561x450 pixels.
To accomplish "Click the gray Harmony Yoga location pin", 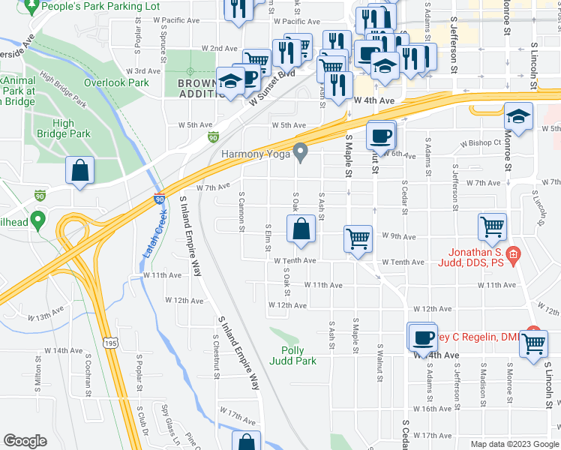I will pos(301,153).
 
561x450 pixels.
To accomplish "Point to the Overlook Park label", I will pos(117,82).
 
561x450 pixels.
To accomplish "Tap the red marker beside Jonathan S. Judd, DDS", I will pos(513,256).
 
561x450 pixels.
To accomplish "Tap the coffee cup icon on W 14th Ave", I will pos(423,337).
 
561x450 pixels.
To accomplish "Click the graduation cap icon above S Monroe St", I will pos(518,117).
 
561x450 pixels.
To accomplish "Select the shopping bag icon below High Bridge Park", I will pos(80,170).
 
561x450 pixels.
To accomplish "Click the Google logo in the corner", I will pos(25,441).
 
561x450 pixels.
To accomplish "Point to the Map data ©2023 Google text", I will pos(514,444).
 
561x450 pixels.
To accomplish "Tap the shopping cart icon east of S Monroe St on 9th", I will pos(492,227).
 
